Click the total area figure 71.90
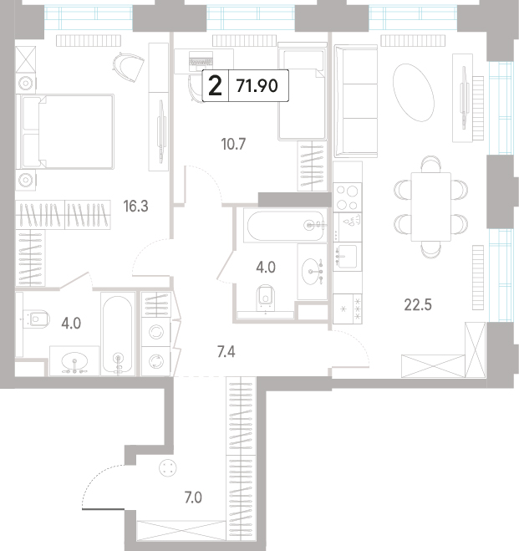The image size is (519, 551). click(257, 86)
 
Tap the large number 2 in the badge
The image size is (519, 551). click(215, 86)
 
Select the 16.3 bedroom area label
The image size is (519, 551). click(135, 207)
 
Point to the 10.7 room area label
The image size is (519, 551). click(233, 144)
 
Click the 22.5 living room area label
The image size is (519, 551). click(418, 304)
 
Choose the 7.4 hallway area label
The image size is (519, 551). click(226, 352)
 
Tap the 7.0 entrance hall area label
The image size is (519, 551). click(193, 497)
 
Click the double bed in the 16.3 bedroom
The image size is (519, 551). click(68, 131)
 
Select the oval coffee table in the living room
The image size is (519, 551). click(414, 93)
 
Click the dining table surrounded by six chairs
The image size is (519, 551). click(431, 207)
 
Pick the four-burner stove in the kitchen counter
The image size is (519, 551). click(348, 197)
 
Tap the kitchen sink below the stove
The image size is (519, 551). click(348, 256)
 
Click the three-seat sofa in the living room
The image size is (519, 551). click(356, 101)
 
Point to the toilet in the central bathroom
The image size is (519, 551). click(266, 298)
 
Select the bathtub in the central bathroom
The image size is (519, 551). click(285, 226)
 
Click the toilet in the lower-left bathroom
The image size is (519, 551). click(36, 319)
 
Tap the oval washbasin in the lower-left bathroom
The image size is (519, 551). click(74, 361)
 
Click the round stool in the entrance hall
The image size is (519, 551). click(167, 467)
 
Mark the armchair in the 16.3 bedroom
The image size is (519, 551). click(129, 68)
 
